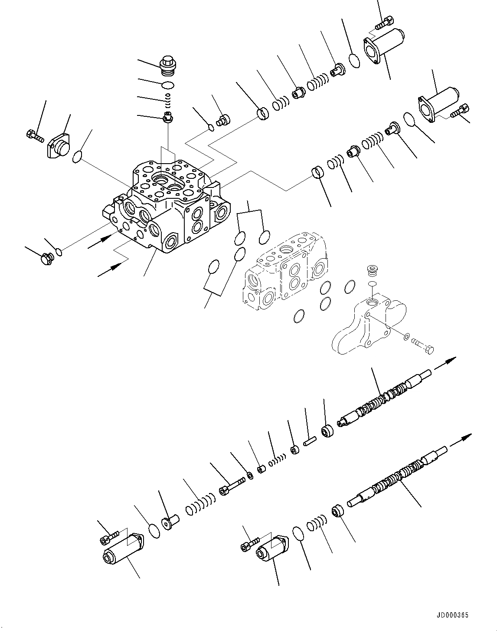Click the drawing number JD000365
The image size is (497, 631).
coord(453,615)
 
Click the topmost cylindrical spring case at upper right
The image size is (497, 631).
coord(383,44)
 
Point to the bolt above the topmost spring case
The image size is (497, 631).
coord(384,22)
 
